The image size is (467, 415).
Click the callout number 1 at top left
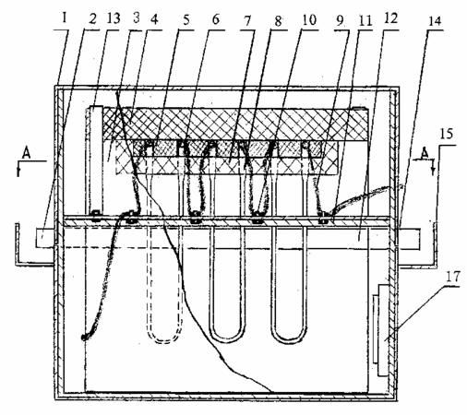pyautogui.click(x=65, y=18)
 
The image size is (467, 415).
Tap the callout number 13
pyautogui.click(x=113, y=18)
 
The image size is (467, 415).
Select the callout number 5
pyautogui.click(x=186, y=20)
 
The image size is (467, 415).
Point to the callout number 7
pyautogui.click(x=247, y=21)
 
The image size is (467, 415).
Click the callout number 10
pyautogui.click(x=308, y=20)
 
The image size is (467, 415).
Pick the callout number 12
pyautogui.click(x=390, y=19)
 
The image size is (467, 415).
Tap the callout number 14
pyautogui.click(x=434, y=21)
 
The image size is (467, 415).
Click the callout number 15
pyautogui.click(x=447, y=135)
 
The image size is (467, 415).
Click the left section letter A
pyautogui.click(x=27, y=153)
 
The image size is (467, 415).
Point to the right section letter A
pyautogui.click(x=425, y=153)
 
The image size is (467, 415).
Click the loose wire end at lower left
pyautogui.click(x=84, y=338)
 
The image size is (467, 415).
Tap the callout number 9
pyautogui.click(x=340, y=21)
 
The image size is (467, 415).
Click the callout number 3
pyautogui.click(x=137, y=18)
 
